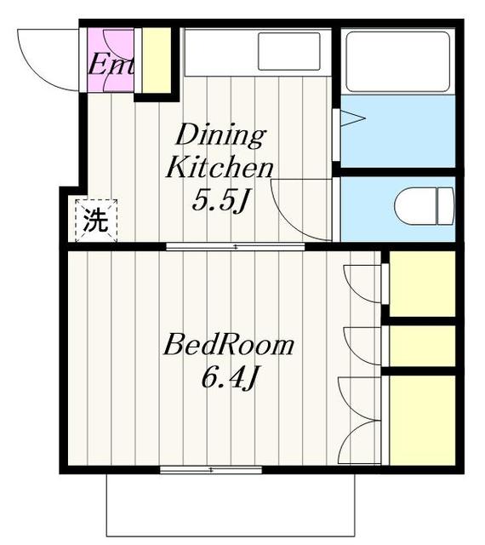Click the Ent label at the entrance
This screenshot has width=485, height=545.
pos(111,64)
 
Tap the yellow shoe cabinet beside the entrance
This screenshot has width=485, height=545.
pos(154,60)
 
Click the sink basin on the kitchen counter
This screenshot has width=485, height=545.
pos(288,51)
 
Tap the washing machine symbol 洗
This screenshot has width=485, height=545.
pos(96,221)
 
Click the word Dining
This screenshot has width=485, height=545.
pos(220,135)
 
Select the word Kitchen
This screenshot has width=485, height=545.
pos(220,167)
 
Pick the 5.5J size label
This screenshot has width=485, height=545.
pos(220,201)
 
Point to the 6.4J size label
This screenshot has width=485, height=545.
pos(228,377)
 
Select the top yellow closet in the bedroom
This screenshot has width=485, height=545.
pos(422,284)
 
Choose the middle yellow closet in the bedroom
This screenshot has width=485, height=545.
pos(422,345)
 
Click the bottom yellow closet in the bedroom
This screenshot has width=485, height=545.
pos(422,418)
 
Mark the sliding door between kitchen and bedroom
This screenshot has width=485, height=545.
pos(235,247)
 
